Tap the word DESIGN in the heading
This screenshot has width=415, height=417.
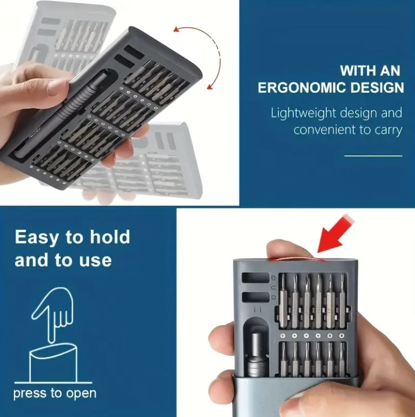pyautogui.click(x=377, y=88)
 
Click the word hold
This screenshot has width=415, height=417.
pyautogui.click(x=110, y=236)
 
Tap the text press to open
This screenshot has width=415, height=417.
pyautogui.click(x=55, y=394)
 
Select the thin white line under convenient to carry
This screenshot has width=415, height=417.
pyautogui.click(x=373, y=156)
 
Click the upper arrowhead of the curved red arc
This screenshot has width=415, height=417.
pyautogui.click(x=176, y=29)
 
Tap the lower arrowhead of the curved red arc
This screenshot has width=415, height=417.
pyautogui.click(x=210, y=87)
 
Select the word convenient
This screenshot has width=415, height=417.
pyautogui.click(x=324, y=130)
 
